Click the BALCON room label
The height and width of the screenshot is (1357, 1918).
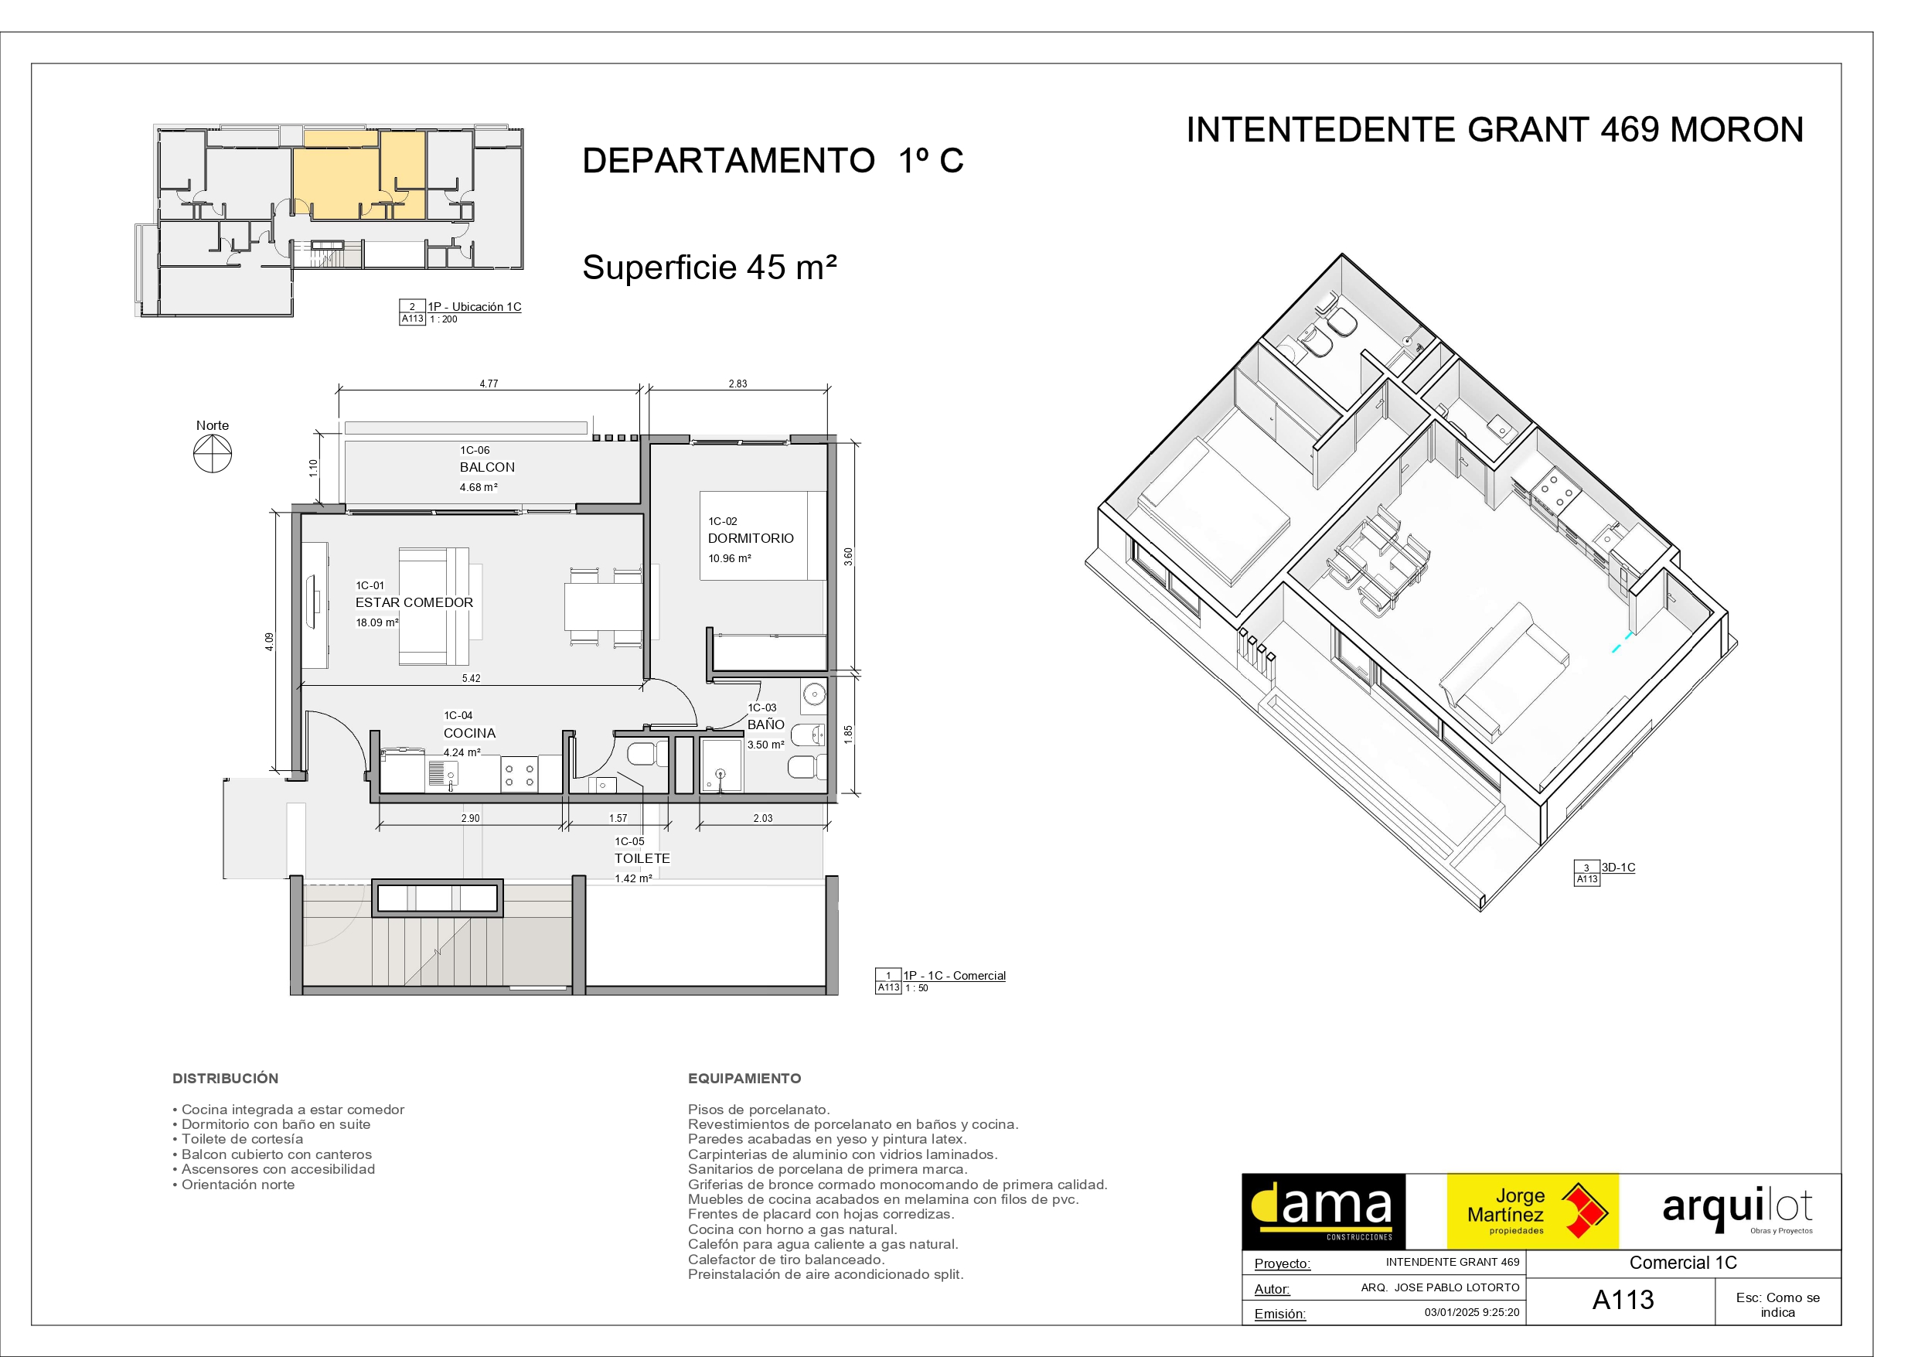[487, 467]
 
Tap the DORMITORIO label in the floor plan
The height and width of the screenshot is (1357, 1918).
[751, 538]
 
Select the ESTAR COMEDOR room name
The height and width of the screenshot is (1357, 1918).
[414, 602]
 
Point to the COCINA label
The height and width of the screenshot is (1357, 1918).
[469, 733]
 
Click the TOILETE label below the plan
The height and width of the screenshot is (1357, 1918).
[642, 858]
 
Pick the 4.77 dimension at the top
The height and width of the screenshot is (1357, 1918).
[489, 384]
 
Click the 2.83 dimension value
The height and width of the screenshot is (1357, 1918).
[738, 384]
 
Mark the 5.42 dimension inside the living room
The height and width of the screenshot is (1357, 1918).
[471, 679]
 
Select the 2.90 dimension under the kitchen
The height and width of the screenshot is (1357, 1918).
[470, 818]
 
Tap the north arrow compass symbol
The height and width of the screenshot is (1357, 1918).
[212, 455]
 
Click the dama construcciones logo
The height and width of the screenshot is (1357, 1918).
[1324, 1212]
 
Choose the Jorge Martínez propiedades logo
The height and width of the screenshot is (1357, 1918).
[1533, 1212]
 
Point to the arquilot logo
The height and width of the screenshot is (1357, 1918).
[1738, 1209]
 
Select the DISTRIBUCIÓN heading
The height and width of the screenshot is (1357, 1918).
[226, 1079]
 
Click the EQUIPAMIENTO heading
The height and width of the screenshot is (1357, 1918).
[744, 1079]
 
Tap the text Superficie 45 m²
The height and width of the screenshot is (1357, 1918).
[709, 268]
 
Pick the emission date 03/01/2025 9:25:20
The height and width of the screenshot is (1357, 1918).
[1472, 1312]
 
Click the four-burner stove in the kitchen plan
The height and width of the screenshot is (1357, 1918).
[519, 774]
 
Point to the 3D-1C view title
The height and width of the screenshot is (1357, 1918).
[1618, 868]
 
